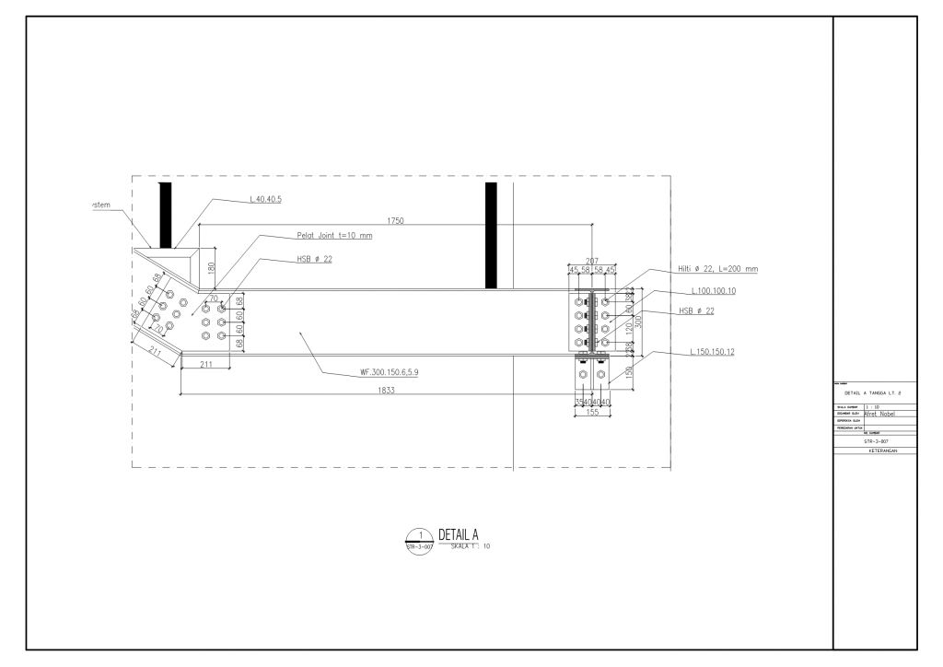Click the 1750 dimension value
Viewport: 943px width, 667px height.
[395, 221]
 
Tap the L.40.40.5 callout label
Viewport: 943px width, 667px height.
[265, 199]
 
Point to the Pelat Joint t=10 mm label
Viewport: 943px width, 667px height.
[334, 235]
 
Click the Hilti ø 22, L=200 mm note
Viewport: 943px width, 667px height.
[717, 269]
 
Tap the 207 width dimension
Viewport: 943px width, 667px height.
[592, 261]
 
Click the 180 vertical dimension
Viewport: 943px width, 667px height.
[211, 268]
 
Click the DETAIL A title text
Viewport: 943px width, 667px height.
[459, 534]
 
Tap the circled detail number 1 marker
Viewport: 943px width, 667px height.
[420, 535]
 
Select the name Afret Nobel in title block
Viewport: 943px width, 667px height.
[881, 414]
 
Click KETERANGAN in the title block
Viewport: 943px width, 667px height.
[875, 451]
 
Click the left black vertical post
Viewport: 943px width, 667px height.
[166, 216]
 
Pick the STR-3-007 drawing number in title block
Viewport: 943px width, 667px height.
[875, 441]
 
